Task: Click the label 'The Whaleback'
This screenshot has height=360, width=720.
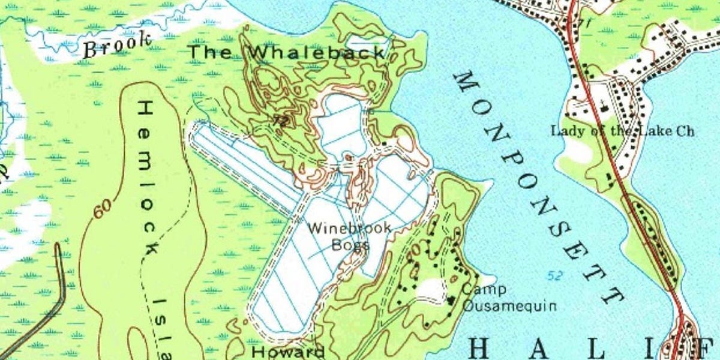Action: click(x=287, y=52)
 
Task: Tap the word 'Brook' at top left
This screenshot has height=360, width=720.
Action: click(x=117, y=45)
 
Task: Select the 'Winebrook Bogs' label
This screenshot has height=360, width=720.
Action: click(x=350, y=236)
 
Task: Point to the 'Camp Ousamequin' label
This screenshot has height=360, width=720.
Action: click(x=509, y=298)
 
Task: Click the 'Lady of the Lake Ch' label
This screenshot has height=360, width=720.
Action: click(x=622, y=131)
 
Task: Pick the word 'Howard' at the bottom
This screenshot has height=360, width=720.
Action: click(x=288, y=352)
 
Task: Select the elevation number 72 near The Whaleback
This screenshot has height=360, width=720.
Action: click(x=280, y=121)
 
